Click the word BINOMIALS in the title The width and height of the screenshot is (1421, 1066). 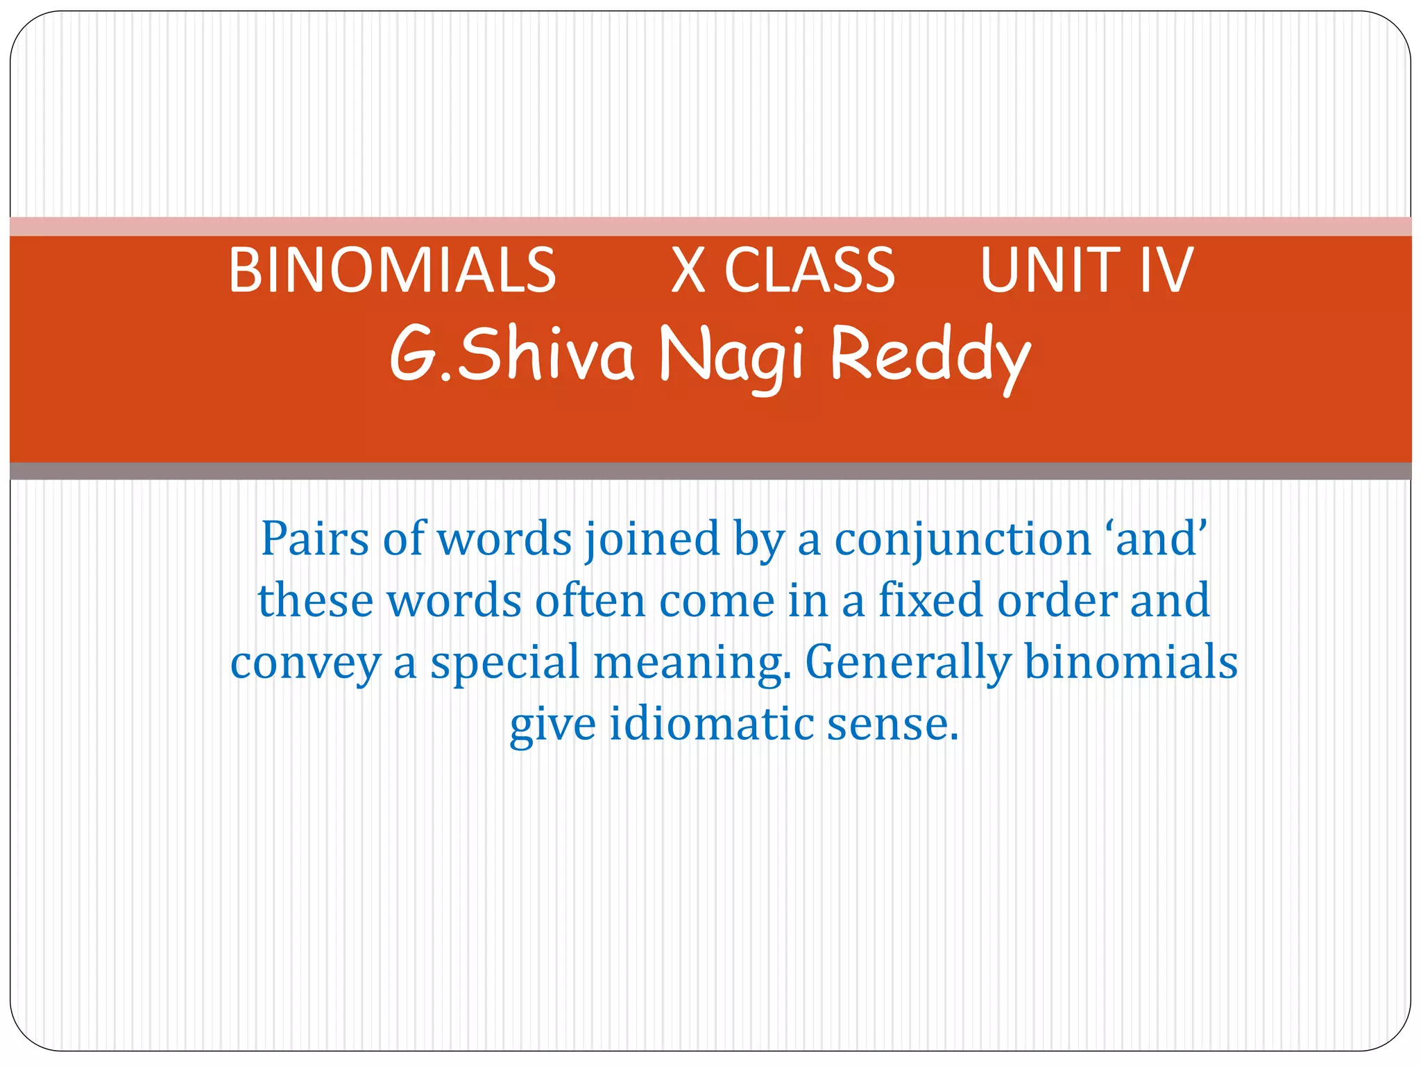[392, 270]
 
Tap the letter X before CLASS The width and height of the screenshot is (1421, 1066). [688, 270]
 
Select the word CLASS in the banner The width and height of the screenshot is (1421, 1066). [810, 270]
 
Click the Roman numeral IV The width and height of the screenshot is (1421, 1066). [1166, 270]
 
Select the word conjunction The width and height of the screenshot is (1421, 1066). [963, 540]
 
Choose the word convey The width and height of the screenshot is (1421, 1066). [305, 663]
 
